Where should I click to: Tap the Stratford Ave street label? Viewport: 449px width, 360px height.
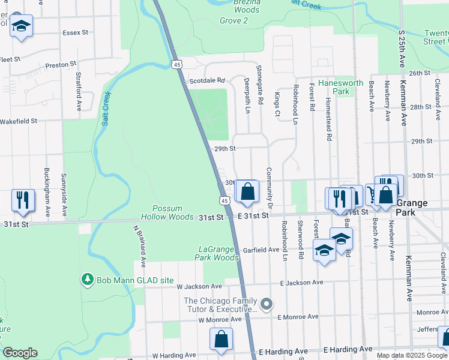click(x=79, y=92)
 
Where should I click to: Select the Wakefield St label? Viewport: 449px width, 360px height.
click(x=19, y=121)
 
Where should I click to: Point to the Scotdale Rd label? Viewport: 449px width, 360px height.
click(x=206, y=80)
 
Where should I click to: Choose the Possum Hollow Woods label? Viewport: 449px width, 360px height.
click(x=167, y=212)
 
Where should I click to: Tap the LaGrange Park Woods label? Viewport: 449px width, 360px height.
click(x=217, y=253)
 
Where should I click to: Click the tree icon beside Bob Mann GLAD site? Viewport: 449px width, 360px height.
click(x=88, y=280)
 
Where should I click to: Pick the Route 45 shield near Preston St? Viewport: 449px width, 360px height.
click(x=176, y=64)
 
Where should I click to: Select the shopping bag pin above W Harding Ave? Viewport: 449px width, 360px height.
click(x=221, y=339)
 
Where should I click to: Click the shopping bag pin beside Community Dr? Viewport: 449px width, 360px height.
click(x=247, y=193)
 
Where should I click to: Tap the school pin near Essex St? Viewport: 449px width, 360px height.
click(x=22, y=27)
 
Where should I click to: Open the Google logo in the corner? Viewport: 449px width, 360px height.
click(x=20, y=353)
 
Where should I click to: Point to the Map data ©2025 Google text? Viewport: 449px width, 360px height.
click(x=412, y=355)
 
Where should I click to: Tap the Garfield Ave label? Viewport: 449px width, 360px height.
click(x=261, y=250)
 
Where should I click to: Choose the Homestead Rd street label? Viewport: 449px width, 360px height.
click(x=329, y=118)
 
